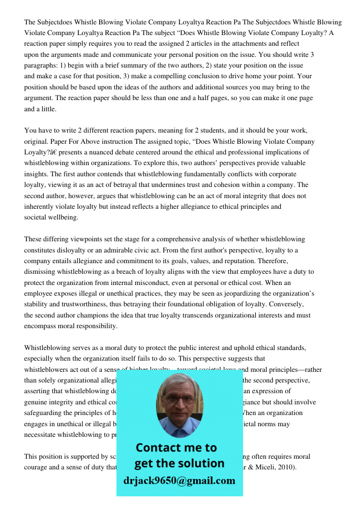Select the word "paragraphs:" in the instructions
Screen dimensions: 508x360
tap(41, 66)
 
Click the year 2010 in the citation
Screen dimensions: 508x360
tap(286, 467)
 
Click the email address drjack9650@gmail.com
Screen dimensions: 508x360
tap(179, 481)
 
